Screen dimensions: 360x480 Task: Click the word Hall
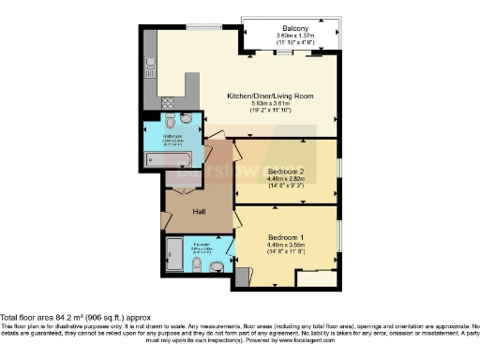(201, 212)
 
